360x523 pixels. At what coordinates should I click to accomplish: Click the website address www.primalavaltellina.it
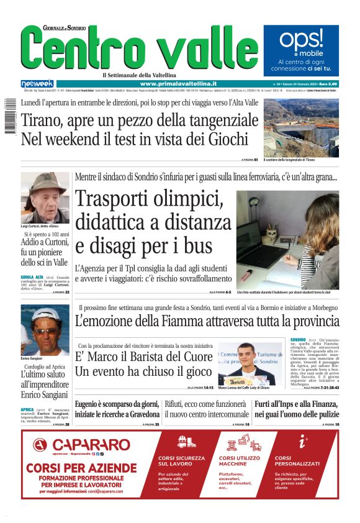pos(178,83)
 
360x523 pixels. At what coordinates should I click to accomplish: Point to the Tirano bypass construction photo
pos(300,127)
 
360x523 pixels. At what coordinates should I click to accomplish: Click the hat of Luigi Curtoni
pos(45,181)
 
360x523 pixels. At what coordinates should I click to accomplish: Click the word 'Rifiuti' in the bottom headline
pos(177,404)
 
